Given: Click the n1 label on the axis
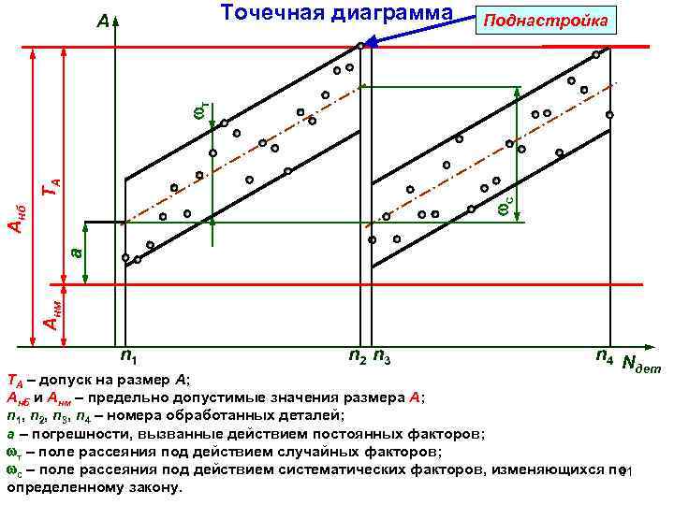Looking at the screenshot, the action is click(131, 356).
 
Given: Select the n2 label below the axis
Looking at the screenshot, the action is click(357, 356).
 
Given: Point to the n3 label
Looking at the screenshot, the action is click(382, 356).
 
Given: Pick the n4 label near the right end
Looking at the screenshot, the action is click(605, 356).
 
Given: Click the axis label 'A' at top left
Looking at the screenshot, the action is click(103, 21).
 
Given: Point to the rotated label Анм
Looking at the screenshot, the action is click(52, 310).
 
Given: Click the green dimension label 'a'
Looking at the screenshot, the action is click(77, 252).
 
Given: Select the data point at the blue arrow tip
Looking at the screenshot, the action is click(360, 45).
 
